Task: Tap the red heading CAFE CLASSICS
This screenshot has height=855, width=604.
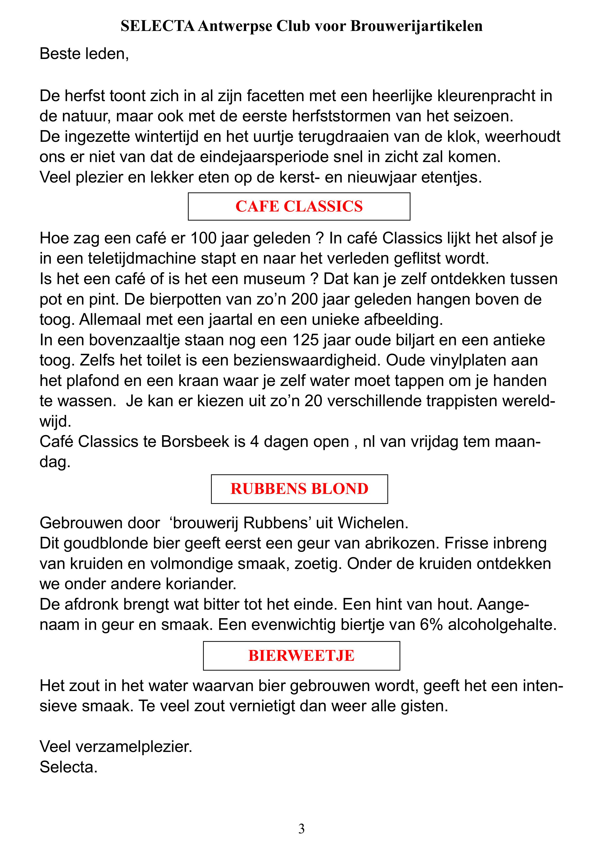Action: pyautogui.click(x=299, y=207)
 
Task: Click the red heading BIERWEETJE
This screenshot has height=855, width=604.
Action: pyautogui.click(x=301, y=656)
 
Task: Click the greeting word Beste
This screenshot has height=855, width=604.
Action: pyautogui.click(x=60, y=54)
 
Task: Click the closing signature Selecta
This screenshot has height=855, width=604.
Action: pyautogui.click(x=68, y=767)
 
